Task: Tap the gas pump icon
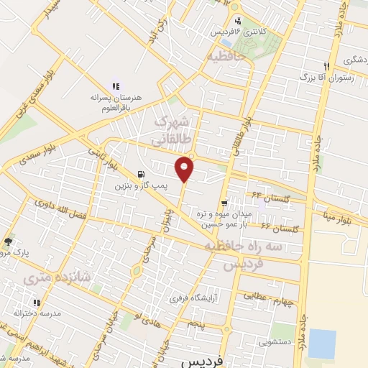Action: tap(139, 173)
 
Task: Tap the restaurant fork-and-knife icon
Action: tap(327, 63)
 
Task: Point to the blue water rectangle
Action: tap(322, 344)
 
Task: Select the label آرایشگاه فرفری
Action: tap(193, 297)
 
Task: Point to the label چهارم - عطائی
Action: tap(275, 298)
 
